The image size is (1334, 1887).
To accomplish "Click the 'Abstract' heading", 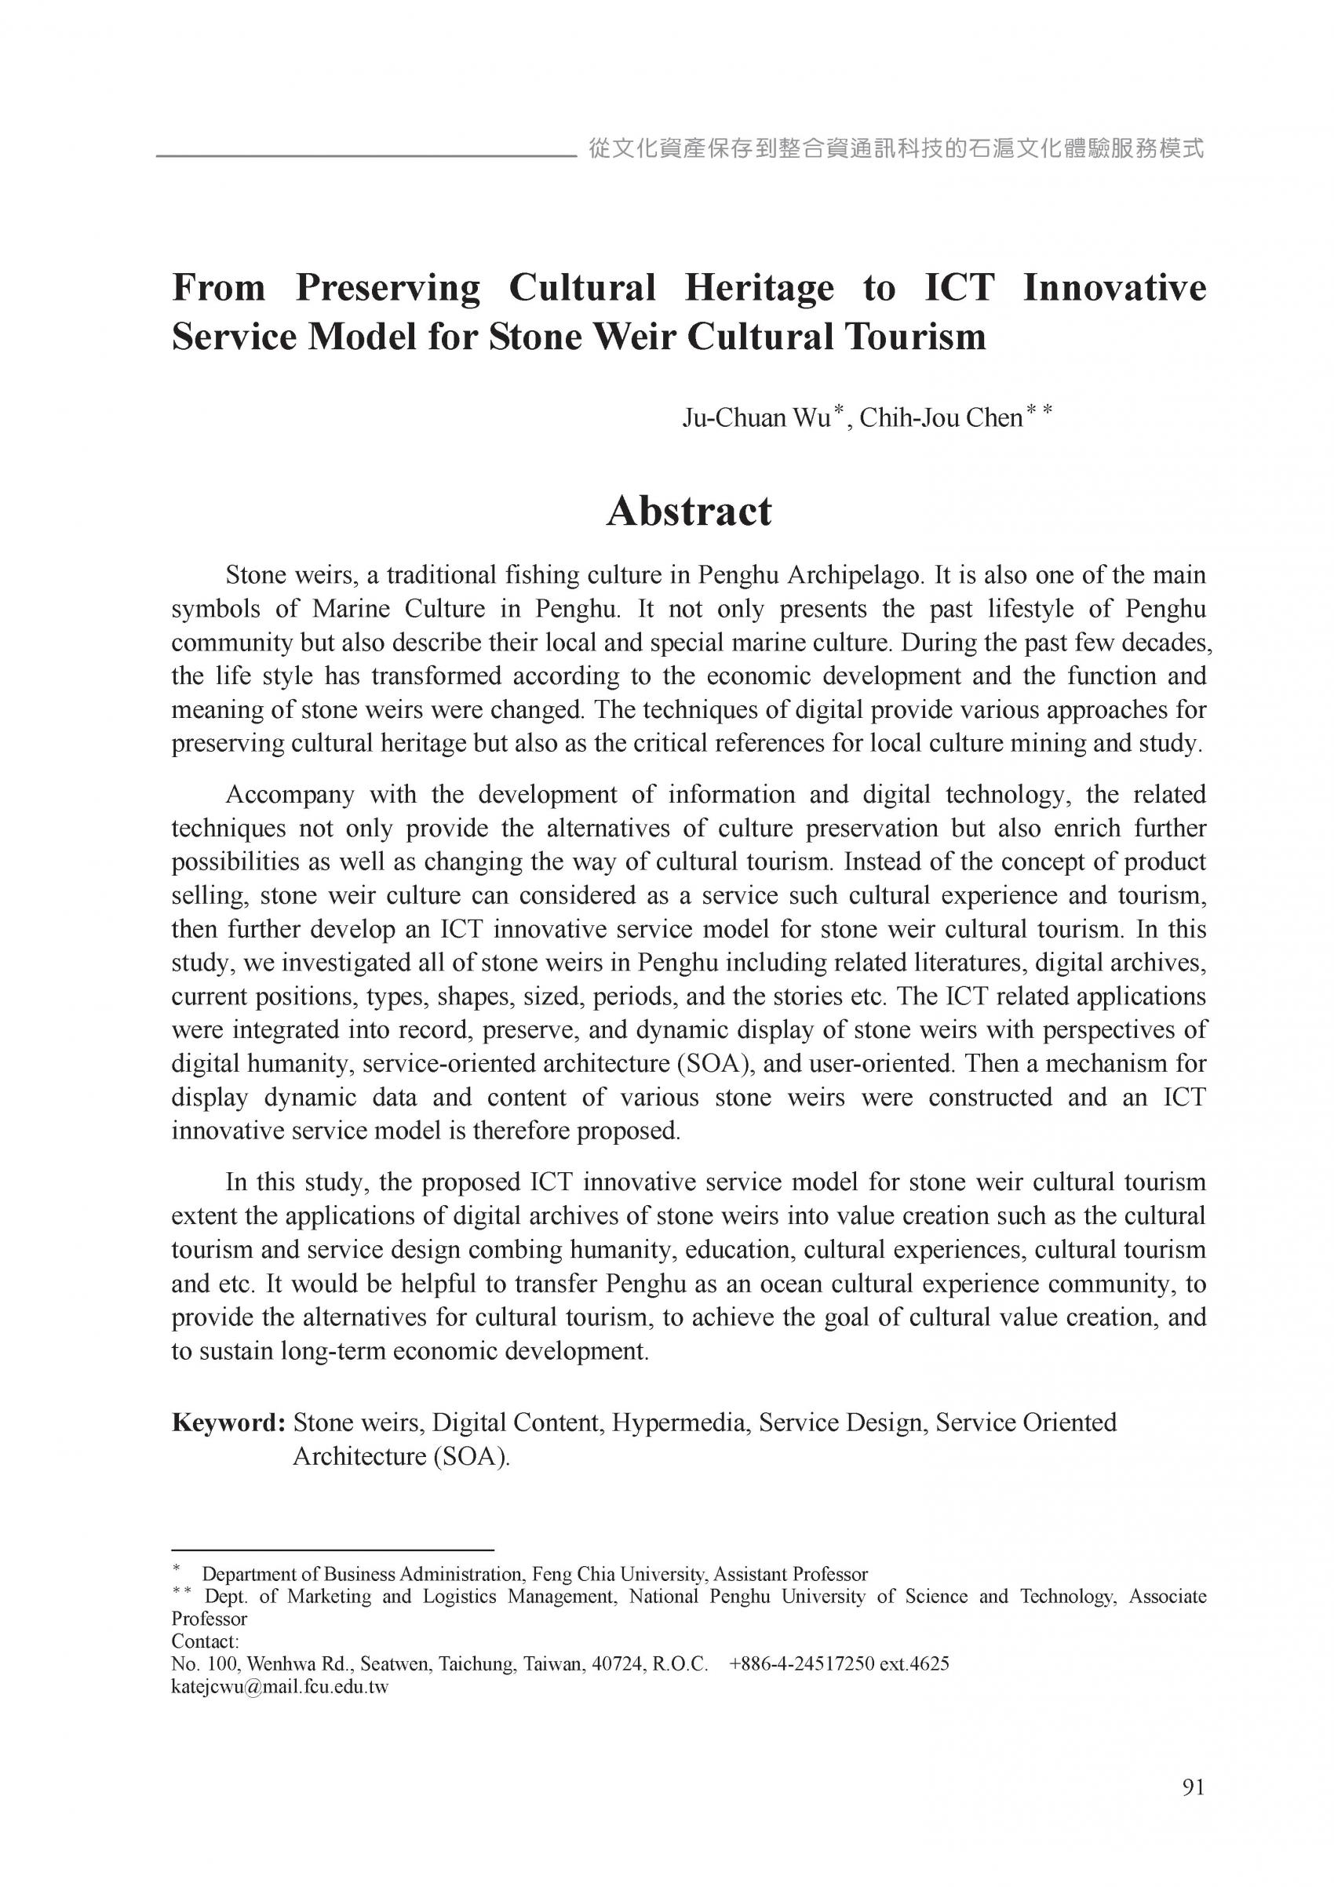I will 689,512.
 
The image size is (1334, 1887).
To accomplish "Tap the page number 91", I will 1193,1787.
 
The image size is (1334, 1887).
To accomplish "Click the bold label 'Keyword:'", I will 228,1422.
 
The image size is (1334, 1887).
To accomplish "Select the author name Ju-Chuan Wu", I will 756,418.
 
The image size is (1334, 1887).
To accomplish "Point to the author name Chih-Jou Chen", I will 940,418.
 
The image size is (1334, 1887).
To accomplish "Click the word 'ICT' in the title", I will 959,288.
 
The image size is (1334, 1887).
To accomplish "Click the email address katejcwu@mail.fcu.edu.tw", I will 279,1687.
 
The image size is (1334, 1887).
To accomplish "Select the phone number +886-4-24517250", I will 801,1664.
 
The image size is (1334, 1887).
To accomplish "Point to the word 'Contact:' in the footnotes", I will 205,1641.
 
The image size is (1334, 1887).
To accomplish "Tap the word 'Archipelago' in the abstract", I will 855,574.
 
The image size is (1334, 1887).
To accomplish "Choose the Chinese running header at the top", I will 896,149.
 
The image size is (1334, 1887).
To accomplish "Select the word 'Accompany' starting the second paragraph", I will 290,795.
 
